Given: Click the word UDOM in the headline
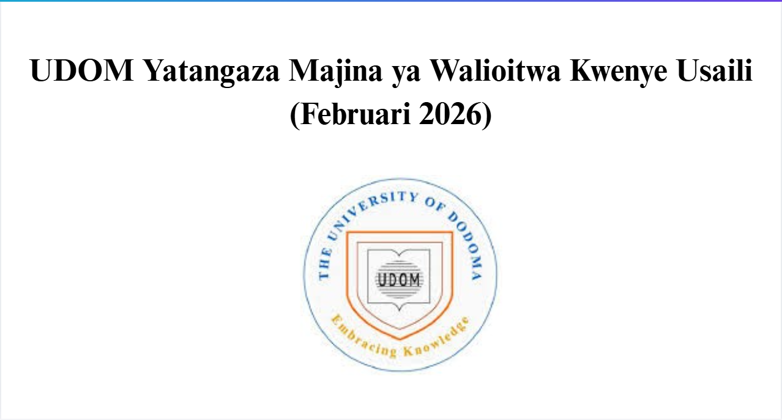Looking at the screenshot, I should tap(82, 72).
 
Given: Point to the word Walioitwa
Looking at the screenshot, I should tap(493, 72).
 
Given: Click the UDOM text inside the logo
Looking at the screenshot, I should tap(399, 280).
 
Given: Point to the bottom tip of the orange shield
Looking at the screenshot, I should tap(400, 338).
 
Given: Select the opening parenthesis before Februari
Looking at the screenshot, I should tap(294, 114).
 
